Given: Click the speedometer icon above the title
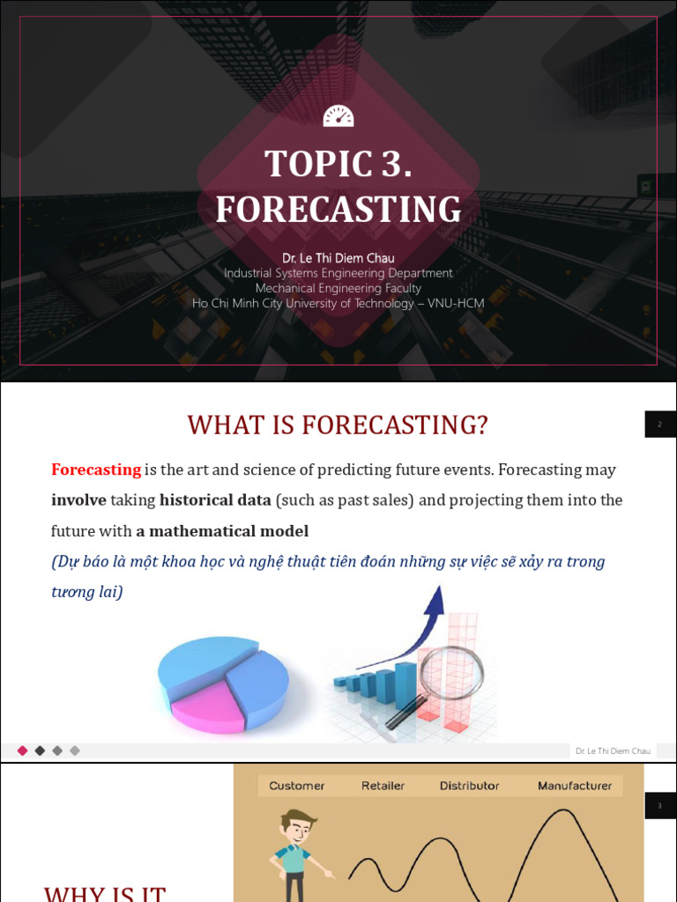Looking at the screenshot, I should pyautogui.click(x=338, y=116).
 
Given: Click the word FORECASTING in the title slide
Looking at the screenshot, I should pyautogui.click(x=338, y=210).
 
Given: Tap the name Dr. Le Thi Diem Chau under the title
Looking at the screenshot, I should pyautogui.click(x=338, y=258).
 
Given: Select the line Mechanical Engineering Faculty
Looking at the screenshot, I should pyautogui.click(x=338, y=288).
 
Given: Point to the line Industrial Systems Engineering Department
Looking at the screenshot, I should pyautogui.click(x=338, y=273).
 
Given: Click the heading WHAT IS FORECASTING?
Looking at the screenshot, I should pyautogui.click(x=338, y=425).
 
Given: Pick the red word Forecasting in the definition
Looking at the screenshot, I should pyautogui.click(x=96, y=469).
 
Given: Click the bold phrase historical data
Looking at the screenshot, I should pyautogui.click(x=215, y=500).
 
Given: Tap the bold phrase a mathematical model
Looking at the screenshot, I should pyautogui.click(x=222, y=531).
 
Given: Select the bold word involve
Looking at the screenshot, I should pyautogui.click(x=78, y=500).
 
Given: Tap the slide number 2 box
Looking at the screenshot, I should pyautogui.click(x=659, y=425).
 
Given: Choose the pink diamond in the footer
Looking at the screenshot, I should pyautogui.click(x=23, y=750).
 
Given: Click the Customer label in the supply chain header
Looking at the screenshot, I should pyautogui.click(x=296, y=786).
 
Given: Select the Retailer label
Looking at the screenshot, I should pyautogui.click(x=383, y=786).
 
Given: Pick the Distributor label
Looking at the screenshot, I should pyautogui.click(x=469, y=786).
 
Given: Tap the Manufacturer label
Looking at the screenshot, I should pyautogui.click(x=575, y=786).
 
